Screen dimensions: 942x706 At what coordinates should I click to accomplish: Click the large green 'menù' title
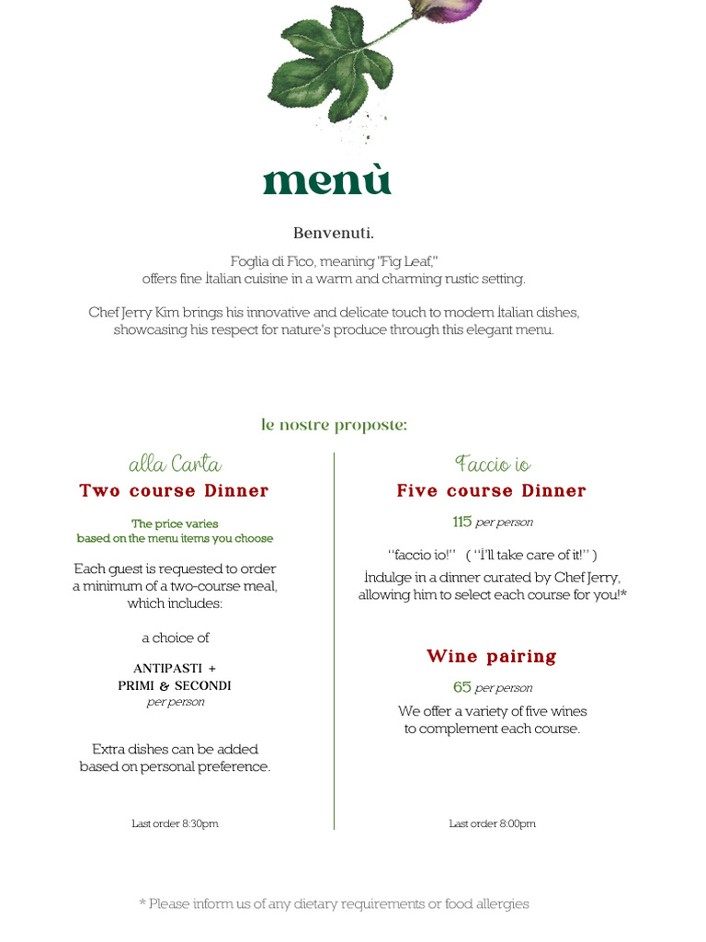327,179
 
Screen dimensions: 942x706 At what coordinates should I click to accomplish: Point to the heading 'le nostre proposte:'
334,424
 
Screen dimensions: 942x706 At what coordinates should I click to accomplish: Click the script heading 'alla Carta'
175,464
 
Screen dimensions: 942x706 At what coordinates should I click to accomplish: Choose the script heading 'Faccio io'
492,464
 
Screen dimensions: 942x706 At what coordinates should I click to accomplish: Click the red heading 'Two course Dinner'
174,491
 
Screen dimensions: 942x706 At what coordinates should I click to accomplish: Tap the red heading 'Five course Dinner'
491,491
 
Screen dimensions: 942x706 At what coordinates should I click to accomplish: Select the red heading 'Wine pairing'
491,657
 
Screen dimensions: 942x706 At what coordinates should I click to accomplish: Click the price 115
461,522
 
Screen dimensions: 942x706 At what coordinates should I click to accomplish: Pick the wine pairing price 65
461,687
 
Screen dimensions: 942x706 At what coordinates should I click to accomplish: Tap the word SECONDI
203,686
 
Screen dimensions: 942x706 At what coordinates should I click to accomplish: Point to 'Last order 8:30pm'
175,824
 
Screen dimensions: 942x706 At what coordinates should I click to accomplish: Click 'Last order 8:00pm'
492,824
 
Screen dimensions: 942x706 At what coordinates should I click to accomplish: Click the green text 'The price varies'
175,523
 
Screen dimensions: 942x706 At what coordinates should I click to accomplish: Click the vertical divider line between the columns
334,644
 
